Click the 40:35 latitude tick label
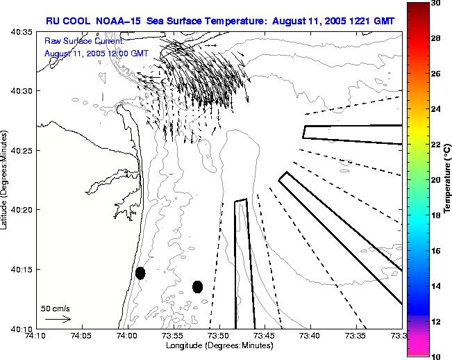coord(22,32)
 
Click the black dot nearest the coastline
coord(140,273)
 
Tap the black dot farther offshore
coord(197,286)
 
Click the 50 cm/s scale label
coord(56,308)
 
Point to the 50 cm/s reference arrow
coord(58,319)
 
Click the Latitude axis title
coord(6,180)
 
